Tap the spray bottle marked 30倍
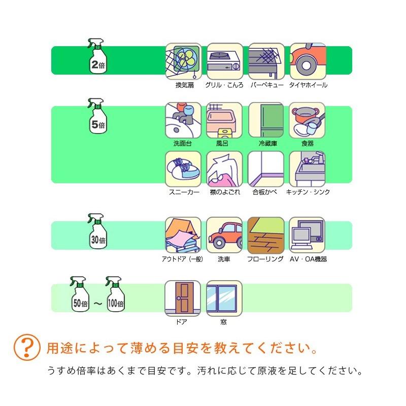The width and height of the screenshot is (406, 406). point(97,232)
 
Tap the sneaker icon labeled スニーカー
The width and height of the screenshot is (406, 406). point(183,168)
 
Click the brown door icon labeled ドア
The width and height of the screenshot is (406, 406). point(183,298)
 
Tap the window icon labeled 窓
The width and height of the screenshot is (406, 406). point(224,298)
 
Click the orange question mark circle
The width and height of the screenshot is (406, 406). point(26,348)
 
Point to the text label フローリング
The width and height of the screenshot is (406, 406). point(265,259)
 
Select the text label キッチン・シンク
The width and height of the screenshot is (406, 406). point(308,192)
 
